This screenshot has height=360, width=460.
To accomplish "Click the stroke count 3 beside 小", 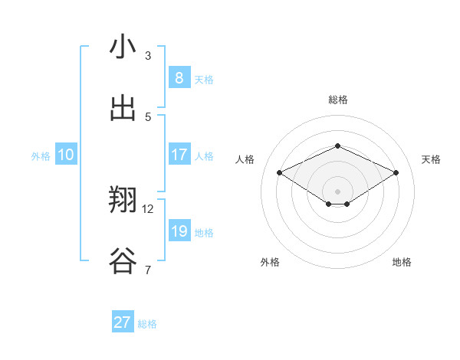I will tap(148, 55).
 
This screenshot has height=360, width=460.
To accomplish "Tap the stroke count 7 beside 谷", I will tap(148, 270).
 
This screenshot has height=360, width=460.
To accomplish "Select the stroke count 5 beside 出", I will tap(148, 116).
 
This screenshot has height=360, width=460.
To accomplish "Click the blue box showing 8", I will tap(179, 77).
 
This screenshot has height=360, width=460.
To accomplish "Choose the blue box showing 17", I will tap(179, 155).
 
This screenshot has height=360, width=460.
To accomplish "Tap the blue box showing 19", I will tap(179, 231).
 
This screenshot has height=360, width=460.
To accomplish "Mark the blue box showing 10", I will tap(66, 155).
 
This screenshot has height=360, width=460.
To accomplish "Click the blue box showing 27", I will tap(123, 322).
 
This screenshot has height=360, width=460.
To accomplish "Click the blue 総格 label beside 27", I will tap(147, 324).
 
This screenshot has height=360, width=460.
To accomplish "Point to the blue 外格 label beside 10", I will tap(41, 156).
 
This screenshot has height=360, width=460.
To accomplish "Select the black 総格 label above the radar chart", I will tap(337, 100).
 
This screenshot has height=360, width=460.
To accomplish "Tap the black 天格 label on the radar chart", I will tap(431, 159).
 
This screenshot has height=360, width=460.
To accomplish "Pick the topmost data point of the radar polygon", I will tap(337, 146).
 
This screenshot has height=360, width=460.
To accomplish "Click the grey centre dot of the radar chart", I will tap(337, 191).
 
